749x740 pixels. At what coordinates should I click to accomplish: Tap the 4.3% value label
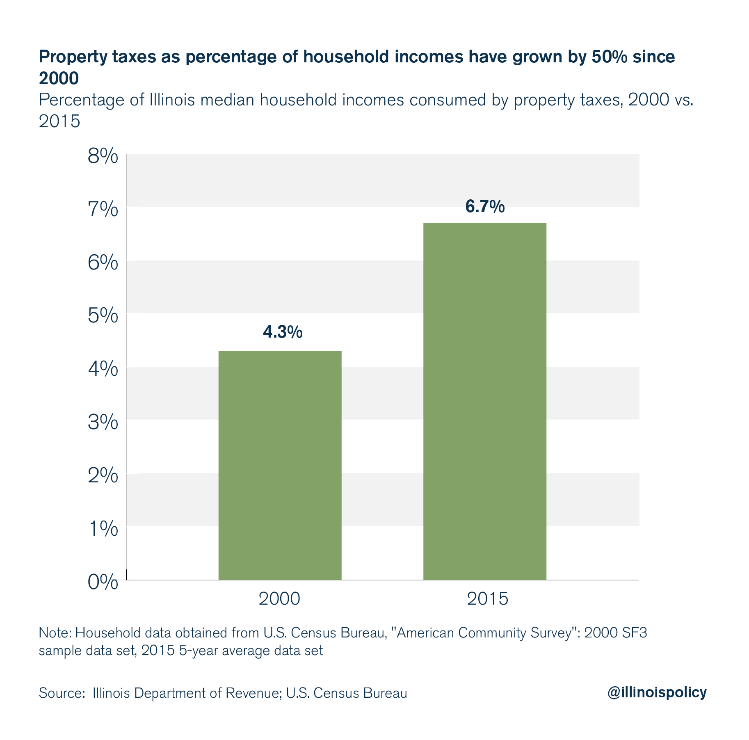coord(283,332)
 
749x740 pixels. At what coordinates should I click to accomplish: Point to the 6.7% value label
coord(485,207)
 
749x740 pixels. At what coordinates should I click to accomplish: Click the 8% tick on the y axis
coord(103,157)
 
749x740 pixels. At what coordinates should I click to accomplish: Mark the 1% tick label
coord(103,529)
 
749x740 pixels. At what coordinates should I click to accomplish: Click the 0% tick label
coord(103,582)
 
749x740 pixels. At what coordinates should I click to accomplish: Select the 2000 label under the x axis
coord(279,599)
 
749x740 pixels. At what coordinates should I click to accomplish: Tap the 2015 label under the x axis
coord(487,599)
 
